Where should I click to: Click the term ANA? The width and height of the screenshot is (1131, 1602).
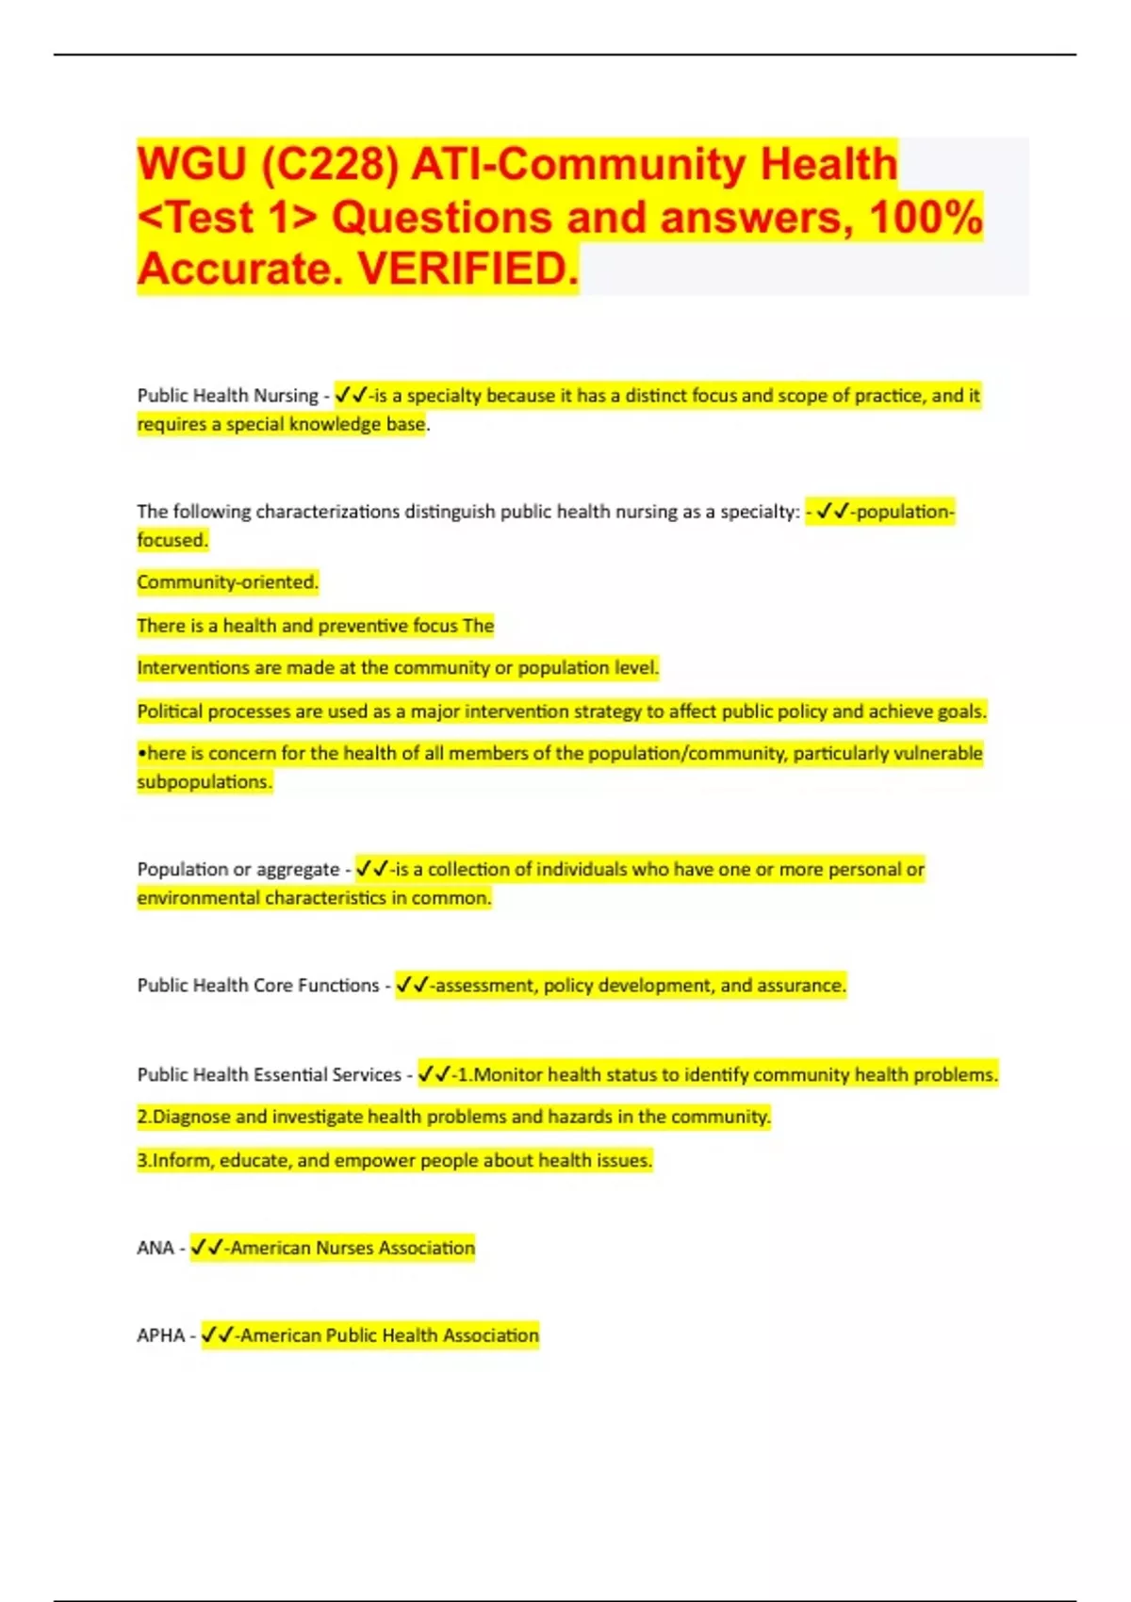[x=156, y=1248]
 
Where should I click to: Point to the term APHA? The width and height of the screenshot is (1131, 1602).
[x=161, y=1335]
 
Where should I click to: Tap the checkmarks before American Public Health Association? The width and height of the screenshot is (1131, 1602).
[x=218, y=1335]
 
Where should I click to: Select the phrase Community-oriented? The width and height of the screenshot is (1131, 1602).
[x=228, y=582]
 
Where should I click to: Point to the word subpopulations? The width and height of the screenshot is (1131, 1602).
[x=205, y=782]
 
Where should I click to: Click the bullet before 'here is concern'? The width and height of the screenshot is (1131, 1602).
[x=141, y=754]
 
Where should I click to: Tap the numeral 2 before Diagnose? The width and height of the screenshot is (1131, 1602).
[x=142, y=1118]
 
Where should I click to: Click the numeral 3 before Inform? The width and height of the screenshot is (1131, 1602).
[x=142, y=1161]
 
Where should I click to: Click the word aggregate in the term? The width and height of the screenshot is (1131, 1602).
[x=298, y=870]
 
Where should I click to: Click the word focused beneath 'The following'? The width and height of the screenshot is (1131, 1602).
[x=172, y=540]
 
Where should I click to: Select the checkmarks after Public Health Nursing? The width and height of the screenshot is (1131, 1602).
[x=351, y=396]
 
